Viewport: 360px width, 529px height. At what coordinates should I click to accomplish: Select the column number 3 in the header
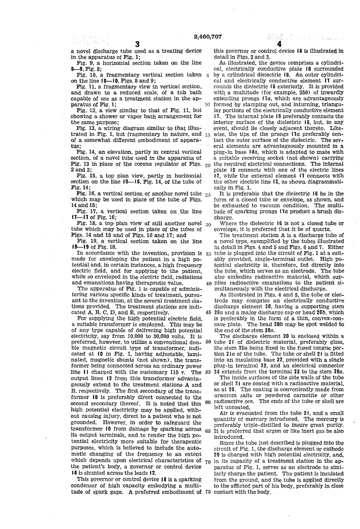pyautogui.click(x=137, y=44)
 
